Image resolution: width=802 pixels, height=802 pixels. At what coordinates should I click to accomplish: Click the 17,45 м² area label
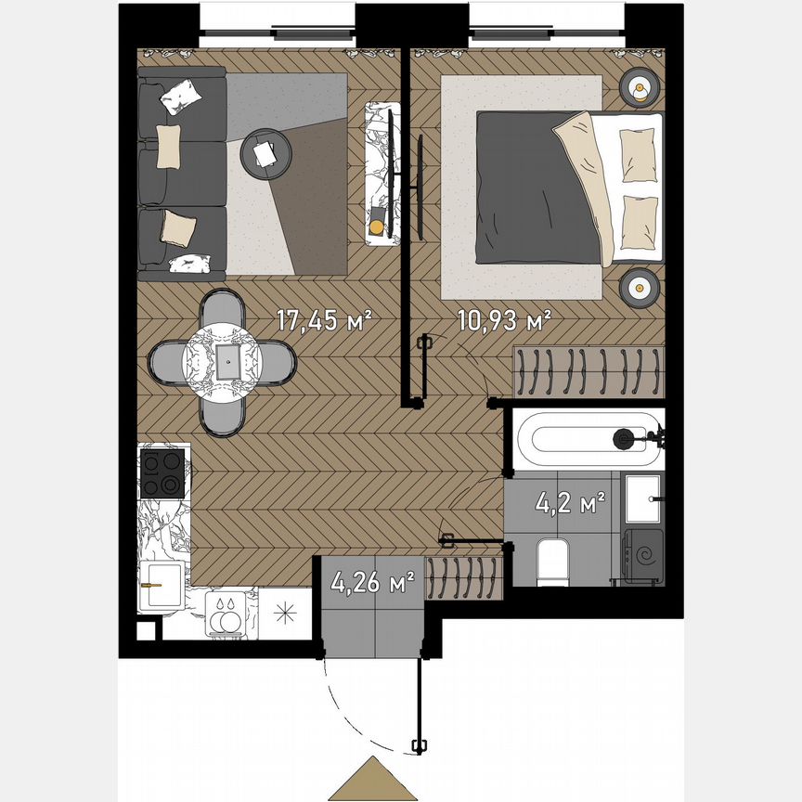coord(324,321)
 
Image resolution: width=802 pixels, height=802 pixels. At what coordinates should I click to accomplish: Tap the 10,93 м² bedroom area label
coord(504,321)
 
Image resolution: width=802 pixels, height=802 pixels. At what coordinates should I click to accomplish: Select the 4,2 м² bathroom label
coord(571,506)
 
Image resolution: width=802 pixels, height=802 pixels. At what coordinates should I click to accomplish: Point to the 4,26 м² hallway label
coord(372,585)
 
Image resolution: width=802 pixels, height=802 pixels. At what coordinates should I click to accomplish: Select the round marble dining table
coord(223,362)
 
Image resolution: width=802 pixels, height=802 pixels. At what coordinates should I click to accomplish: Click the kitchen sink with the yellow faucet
coord(161,587)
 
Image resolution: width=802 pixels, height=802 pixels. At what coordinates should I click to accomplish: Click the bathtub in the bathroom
coord(586,436)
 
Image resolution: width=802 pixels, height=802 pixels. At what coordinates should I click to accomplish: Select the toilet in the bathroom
coord(553,563)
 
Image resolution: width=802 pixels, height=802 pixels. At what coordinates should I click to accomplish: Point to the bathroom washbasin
coord(642,498)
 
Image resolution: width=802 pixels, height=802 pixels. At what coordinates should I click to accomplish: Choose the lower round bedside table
coord(640,287)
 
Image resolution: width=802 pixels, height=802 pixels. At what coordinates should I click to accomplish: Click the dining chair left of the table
coord(171,362)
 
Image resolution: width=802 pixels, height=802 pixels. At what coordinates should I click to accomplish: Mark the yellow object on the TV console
coord(376,226)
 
